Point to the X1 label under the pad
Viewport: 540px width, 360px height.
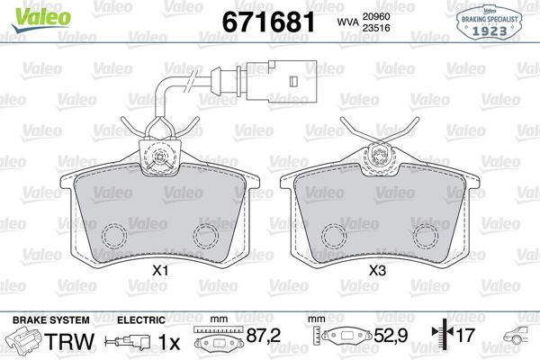pyautogui.click(x=162, y=270)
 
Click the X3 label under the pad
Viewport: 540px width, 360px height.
pyautogui.click(x=379, y=270)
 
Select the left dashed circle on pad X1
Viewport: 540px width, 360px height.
pyautogui.click(x=114, y=236)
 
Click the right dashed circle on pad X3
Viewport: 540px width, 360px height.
pyautogui.click(x=423, y=236)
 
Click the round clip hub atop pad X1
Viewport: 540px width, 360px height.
pyautogui.click(x=162, y=159)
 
